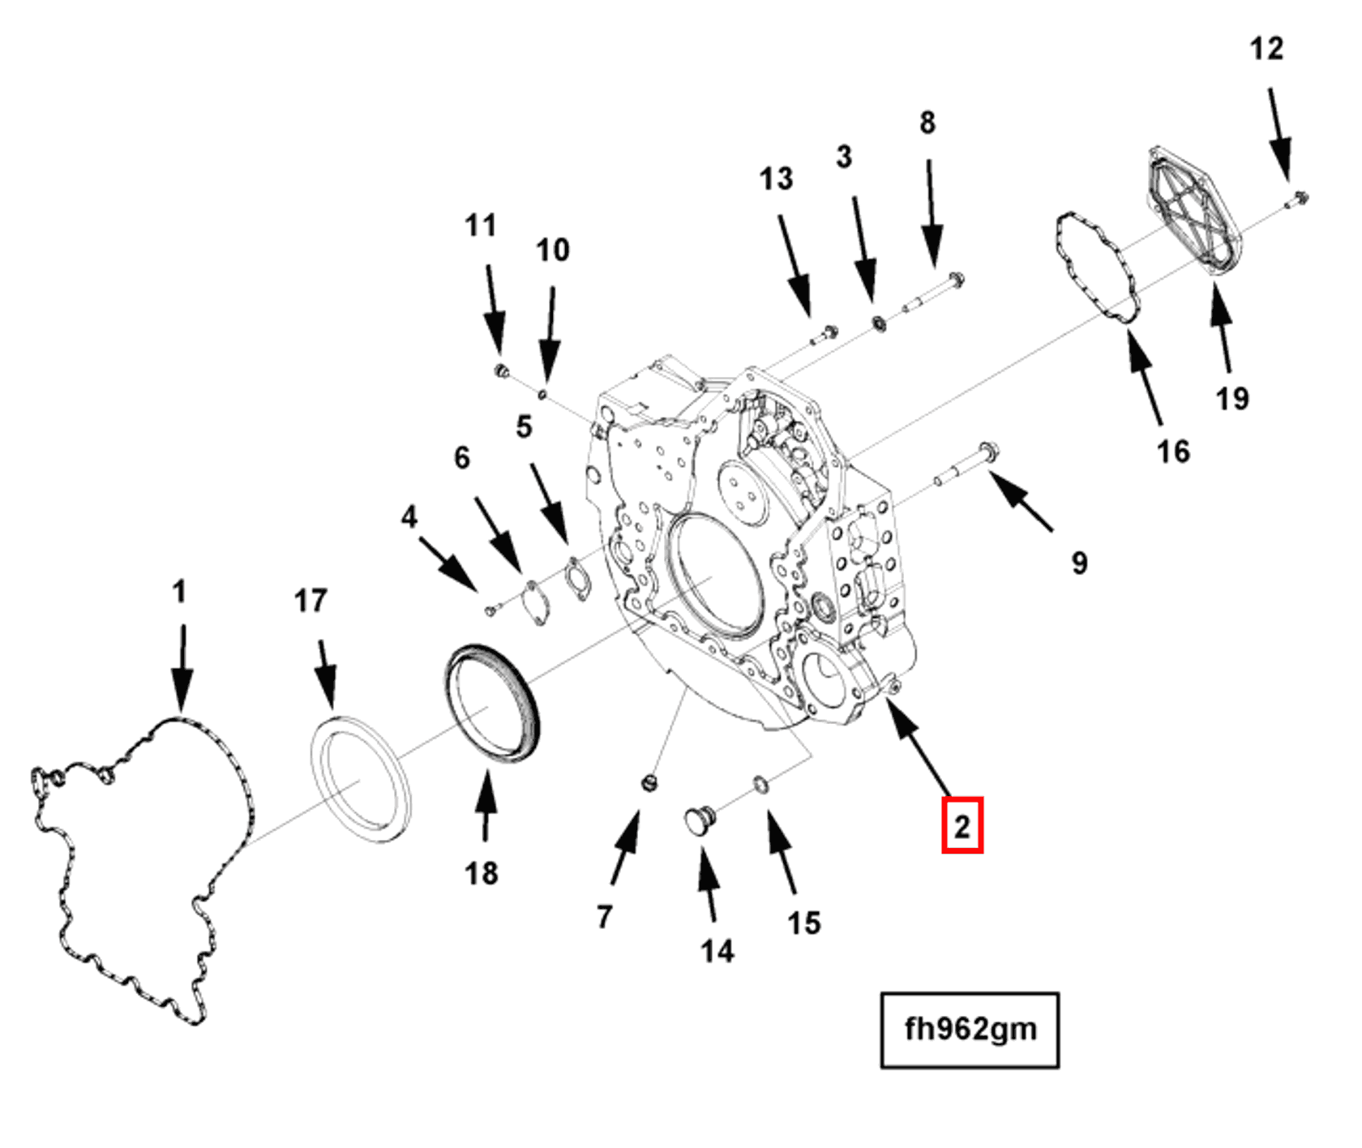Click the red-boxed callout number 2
point(962,825)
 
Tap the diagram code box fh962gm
point(970,1030)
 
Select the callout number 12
point(1266,49)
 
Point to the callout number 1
point(179,591)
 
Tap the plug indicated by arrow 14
point(699,820)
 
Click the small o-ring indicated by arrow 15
point(761,784)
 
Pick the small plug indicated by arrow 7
point(649,783)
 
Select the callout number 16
point(1172,452)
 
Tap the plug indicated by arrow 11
point(501,371)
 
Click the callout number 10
point(553,250)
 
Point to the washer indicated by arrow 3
point(878,323)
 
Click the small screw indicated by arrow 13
point(826,333)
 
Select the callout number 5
point(524,426)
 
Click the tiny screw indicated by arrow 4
point(491,609)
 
